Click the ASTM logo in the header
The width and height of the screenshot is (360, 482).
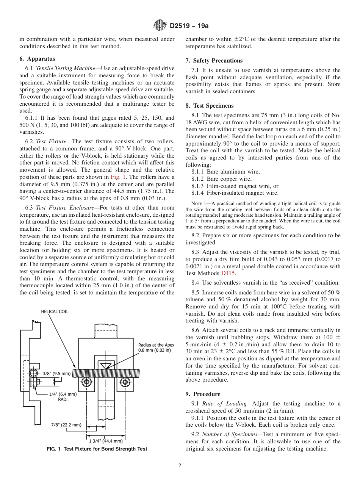pyautogui.click(x=160, y=26)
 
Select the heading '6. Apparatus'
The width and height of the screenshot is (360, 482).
pyautogui.click(x=37, y=59)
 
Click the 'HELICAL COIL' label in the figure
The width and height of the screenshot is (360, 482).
pyautogui.click(x=55, y=311)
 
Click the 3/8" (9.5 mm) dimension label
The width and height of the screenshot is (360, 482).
pyautogui.click(x=56, y=373)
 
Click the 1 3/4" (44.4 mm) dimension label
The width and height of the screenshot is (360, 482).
pyautogui.click(x=106, y=441)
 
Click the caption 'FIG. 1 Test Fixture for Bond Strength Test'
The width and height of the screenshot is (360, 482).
pyautogui.click(x=97, y=449)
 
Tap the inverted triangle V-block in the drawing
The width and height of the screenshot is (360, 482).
pyautogui.click(x=104, y=365)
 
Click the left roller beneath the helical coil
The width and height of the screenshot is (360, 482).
pyautogui.click(x=86, y=381)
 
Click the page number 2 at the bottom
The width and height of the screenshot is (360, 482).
pyautogui.click(x=180, y=466)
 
